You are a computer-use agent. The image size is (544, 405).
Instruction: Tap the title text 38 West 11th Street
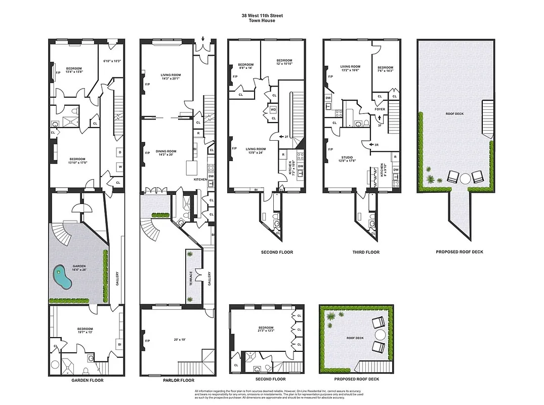[x=262, y=16]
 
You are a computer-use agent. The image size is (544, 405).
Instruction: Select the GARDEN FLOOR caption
[x=86, y=380]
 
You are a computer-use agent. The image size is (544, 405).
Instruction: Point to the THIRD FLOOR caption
[x=366, y=252]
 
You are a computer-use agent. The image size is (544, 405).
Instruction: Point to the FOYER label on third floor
[x=380, y=109]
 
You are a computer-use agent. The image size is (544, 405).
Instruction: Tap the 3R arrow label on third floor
[x=375, y=145]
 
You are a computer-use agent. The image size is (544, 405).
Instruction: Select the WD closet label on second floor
[x=274, y=109]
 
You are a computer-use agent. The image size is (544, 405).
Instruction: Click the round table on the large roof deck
[x=465, y=177]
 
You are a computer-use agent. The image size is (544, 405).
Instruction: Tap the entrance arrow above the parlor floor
[x=203, y=39]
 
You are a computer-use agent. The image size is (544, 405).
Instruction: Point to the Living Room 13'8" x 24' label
[x=256, y=151]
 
